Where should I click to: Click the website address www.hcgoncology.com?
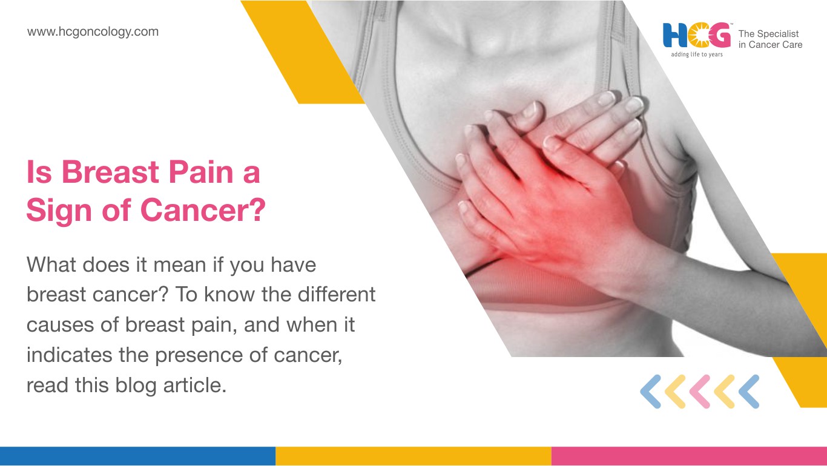93,31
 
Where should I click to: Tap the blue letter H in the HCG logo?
674,35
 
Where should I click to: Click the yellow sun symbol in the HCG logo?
698,36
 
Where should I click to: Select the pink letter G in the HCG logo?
720,35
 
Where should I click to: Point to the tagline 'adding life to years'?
697,54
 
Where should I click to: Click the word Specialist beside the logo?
777,33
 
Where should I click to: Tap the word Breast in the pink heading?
110,172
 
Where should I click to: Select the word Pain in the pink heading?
201,172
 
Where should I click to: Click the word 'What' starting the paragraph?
51,264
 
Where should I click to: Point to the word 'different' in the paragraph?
337,295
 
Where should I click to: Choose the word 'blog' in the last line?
136,386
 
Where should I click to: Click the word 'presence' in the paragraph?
199,355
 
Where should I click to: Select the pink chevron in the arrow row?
700,392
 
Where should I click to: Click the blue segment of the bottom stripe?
137,456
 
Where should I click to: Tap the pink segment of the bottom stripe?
689,456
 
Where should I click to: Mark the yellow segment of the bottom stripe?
413,456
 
